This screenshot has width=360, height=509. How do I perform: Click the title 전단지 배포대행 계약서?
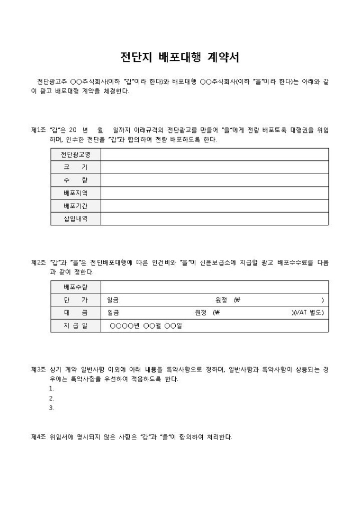180,57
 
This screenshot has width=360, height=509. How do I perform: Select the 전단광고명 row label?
76,154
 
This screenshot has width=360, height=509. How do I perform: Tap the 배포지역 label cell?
76,193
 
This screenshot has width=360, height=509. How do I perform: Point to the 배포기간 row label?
76,206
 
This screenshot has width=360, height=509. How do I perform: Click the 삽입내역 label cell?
76,219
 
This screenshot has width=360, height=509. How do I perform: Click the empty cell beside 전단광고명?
214,154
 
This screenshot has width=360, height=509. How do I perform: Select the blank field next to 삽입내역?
214,219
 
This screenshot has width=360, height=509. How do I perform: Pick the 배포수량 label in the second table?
76,287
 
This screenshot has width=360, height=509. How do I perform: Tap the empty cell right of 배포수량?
214,287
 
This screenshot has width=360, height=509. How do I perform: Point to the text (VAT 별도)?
308,313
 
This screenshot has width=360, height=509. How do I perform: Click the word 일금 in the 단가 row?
113,300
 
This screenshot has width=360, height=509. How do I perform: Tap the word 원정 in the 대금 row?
201,313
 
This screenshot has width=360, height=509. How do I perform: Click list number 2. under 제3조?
51,398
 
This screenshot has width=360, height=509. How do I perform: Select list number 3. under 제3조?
51,408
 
